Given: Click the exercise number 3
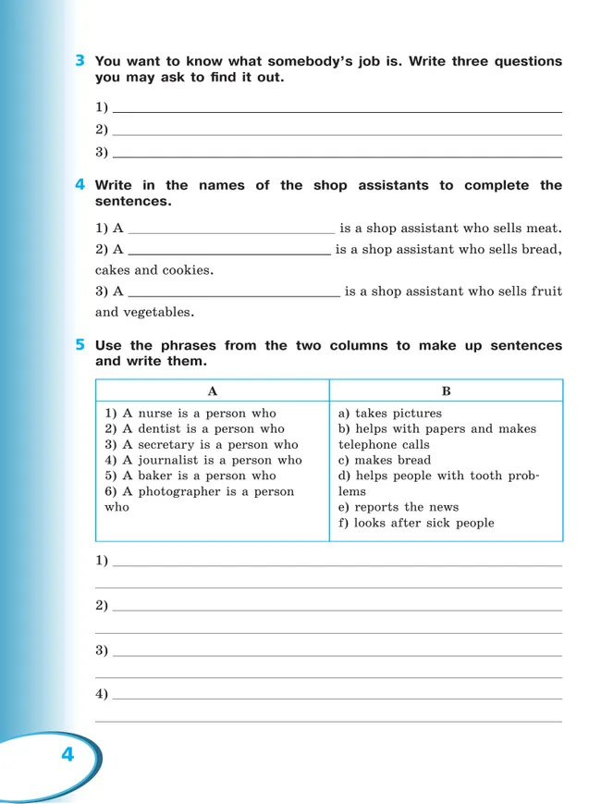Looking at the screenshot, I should [81, 61].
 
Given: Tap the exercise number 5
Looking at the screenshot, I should [81, 345].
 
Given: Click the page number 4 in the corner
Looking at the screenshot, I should [67, 755].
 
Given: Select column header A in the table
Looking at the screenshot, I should [213, 391].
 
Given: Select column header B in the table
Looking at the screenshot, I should [446, 391].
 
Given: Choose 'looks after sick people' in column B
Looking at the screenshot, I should [416, 523].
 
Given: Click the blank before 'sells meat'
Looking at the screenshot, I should [230, 229].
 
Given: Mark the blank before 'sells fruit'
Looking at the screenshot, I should [234, 292].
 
